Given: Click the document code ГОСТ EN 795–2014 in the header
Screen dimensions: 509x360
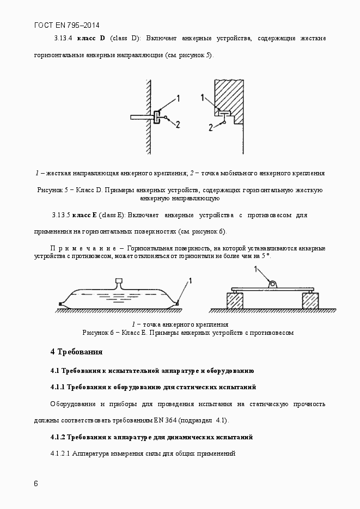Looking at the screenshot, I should (x=66, y=25).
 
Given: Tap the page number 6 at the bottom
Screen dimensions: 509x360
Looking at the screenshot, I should (x=36, y=483).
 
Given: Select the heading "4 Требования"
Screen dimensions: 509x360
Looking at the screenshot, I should (x=76, y=352).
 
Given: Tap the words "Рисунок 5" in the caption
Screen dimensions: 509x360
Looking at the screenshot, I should (x=52, y=190).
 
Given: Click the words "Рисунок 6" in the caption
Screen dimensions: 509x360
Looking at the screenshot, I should (x=97, y=332).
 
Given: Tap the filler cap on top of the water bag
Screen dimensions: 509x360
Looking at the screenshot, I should (x=119, y=282).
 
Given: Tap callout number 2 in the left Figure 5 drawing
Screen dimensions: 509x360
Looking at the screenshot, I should (x=178, y=124).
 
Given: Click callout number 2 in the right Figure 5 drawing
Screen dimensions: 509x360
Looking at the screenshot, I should (x=210, y=128).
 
